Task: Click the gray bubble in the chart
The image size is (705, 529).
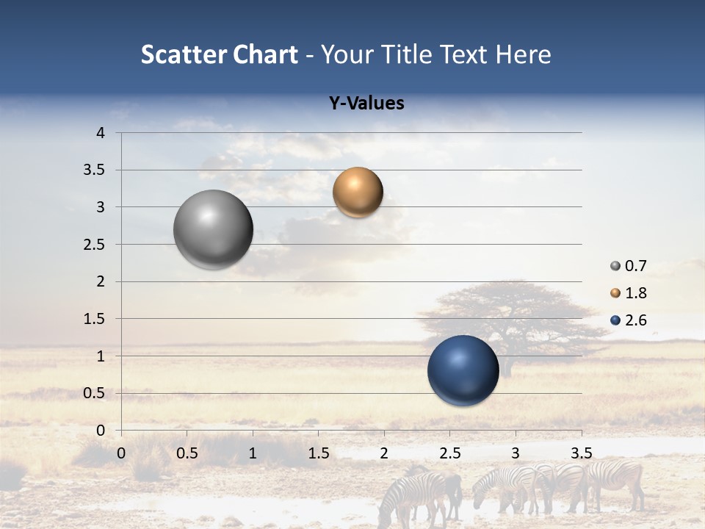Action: click(213, 229)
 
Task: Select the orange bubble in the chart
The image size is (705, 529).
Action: click(358, 192)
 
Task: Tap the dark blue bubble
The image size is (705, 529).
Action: click(463, 370)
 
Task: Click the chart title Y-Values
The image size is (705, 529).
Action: click(366, 104)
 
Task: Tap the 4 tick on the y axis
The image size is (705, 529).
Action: click(101, 133)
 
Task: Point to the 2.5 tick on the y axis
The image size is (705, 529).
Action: click(95, 245)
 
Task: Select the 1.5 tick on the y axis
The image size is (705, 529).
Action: click(95, 319)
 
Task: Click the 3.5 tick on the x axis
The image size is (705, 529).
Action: click(581, 453)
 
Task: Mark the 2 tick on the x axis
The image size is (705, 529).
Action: click(384, 453)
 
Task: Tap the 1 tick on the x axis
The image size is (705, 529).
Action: click(253, 453)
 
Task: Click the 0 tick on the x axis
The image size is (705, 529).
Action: click(121, 453)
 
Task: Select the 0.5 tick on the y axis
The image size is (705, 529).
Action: click(95, 393)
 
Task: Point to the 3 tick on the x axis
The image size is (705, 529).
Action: click(516, 453)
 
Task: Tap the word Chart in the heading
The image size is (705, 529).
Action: click(265, 54)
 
